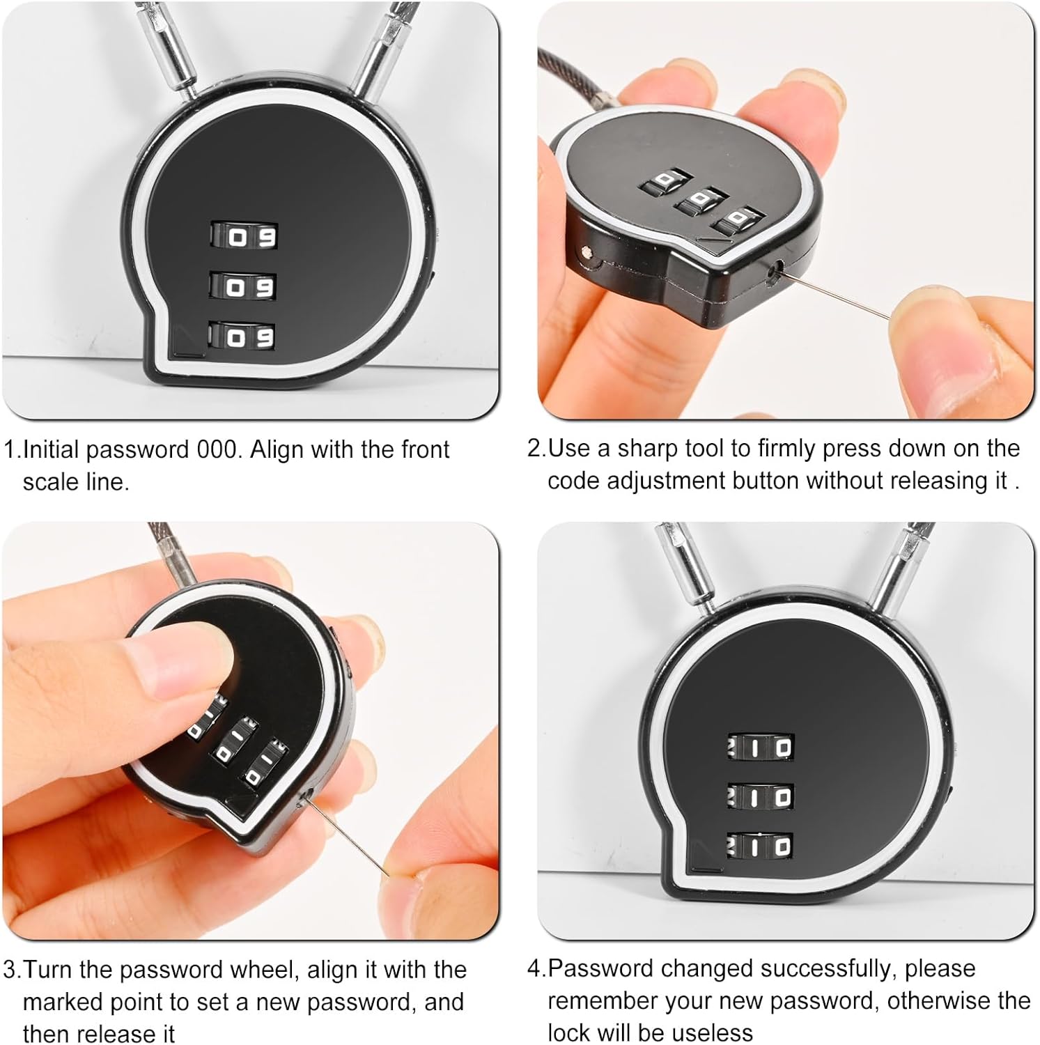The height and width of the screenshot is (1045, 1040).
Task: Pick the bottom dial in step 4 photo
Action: tap(761, 846)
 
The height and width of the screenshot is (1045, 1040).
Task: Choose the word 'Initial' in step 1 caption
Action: tap(51, 450)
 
